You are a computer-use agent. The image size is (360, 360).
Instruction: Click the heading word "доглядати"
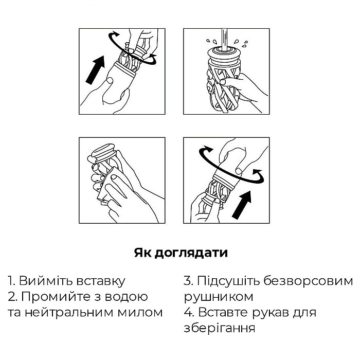click(x=191, y=254)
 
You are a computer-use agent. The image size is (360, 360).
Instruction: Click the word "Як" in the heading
click(x=142, y=253)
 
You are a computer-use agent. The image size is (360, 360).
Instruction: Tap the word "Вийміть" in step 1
click(x=46, y=281)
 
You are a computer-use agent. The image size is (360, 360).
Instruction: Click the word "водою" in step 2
click(x=127, y=297)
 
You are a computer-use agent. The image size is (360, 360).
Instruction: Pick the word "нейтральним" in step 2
click(x=69, y=313)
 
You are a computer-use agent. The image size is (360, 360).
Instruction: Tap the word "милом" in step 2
click(x=140, y=313)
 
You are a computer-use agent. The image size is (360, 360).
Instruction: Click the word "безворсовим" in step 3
click(x=308, y=281)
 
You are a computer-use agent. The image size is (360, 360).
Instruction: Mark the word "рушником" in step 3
click(x=219, y=297)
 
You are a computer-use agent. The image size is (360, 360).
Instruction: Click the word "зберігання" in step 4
click(x=220, y=328)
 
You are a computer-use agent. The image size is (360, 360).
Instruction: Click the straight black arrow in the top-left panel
click(x=95, y=70)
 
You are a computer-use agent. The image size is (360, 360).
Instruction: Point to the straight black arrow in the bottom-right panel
click(x=242, y=205)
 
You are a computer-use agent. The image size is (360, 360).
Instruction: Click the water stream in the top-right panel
click(x=225, y=39)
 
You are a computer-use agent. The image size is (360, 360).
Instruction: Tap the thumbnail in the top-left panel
click(x=110, y=81)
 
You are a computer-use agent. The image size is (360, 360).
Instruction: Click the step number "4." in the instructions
click(x=189, y=313)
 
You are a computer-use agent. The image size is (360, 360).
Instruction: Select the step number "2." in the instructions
click(x=13, y=297)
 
